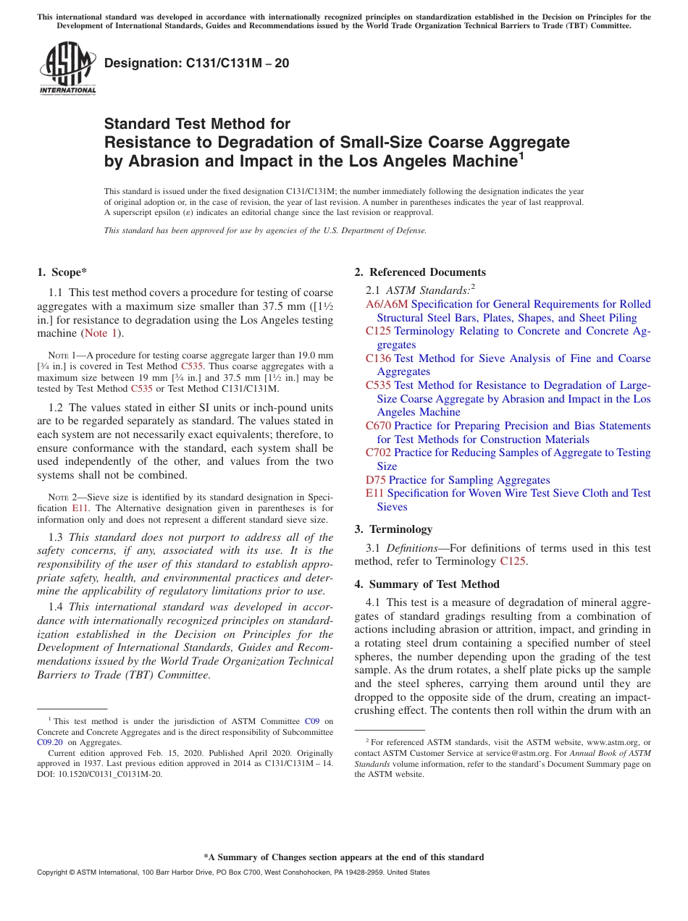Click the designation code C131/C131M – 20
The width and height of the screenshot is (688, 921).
point(197,63)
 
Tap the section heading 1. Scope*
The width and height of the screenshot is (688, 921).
point(62,272)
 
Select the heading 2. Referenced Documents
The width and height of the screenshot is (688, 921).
point(420,272)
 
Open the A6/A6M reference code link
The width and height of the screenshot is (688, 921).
point(387,304)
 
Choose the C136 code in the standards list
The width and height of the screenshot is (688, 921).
point(378,358)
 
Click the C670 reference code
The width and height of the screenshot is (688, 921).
point(378,426)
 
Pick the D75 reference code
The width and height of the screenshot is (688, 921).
point(376,480)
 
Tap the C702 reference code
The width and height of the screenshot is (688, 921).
point(378,453)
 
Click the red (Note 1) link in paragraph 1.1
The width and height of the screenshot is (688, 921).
point(99,333)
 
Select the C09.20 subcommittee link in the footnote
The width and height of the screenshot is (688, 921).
point(50,741)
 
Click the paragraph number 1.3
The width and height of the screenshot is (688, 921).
point(56,537)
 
